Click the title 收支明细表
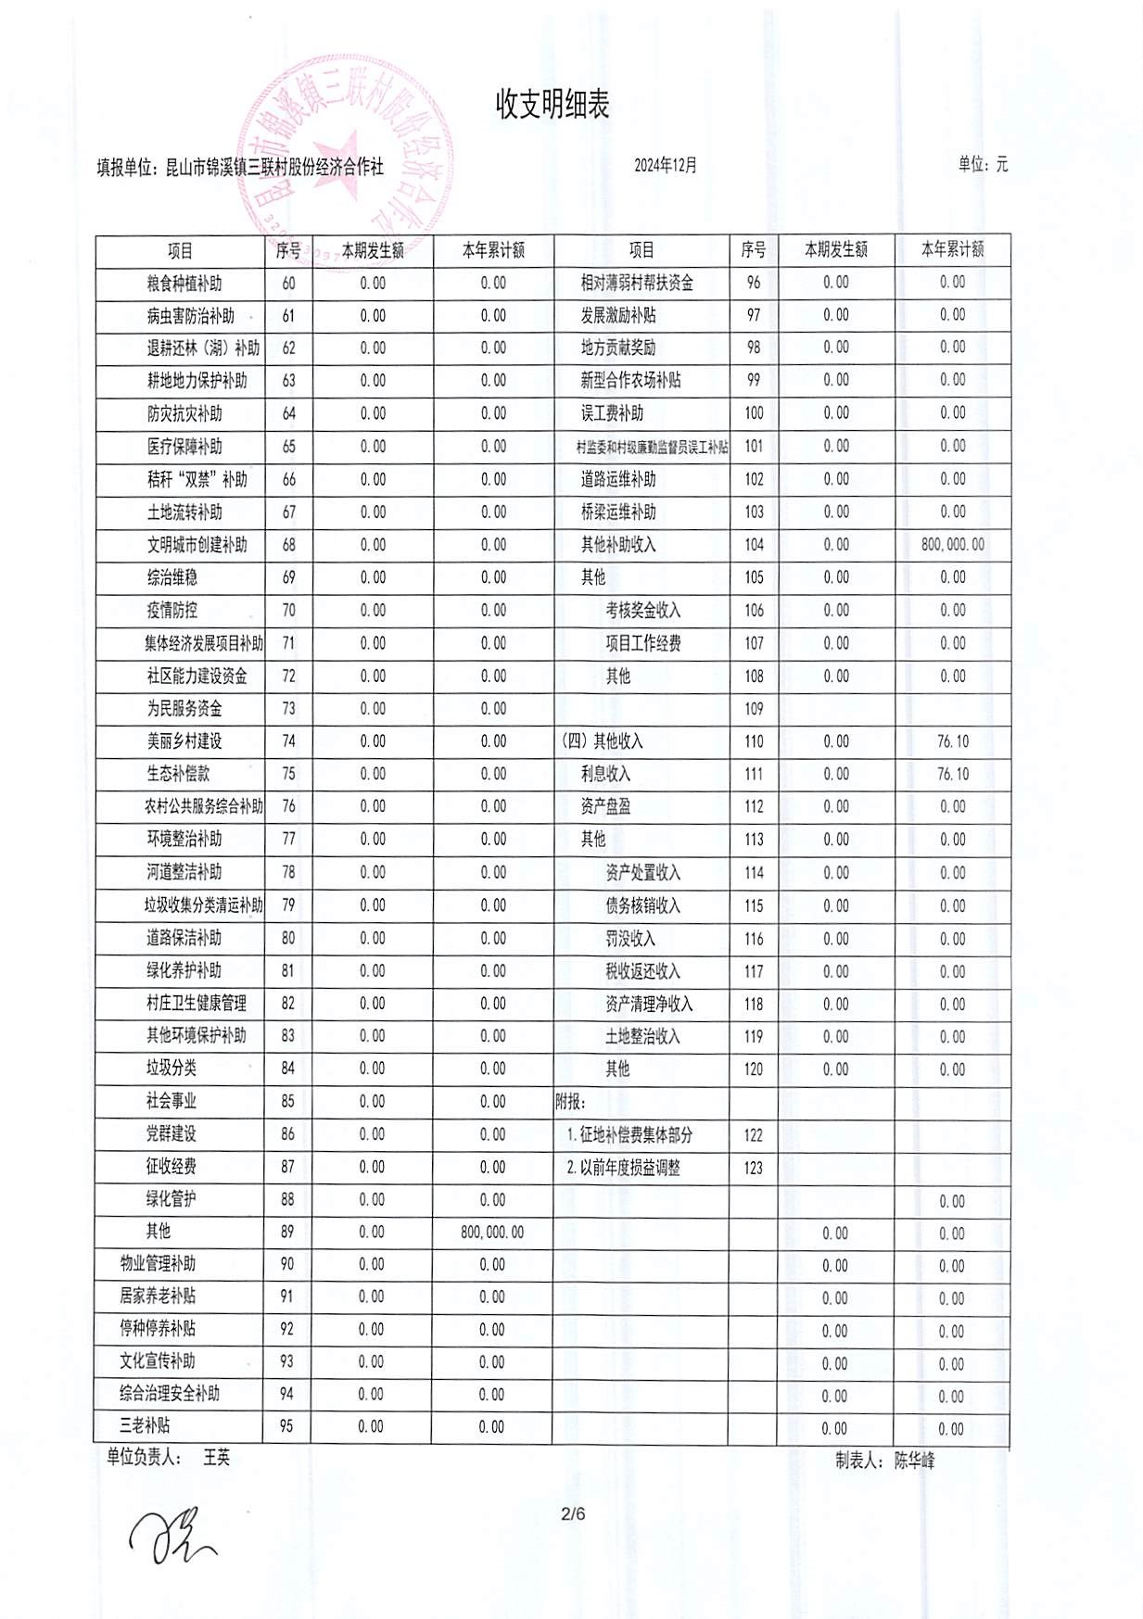(552, 105)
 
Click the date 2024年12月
(665, 166)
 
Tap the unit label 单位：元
(983, 165)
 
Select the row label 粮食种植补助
(184, 284)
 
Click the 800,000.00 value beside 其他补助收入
(952, 545)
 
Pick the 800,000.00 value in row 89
(492, 1233)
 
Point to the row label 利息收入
(605, 774)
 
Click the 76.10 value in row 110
(952, 741)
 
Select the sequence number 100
(754, 413)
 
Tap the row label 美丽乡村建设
(184, 741)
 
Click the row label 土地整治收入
(642, 1036)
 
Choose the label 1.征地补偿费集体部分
(629, 1134)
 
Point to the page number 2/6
(573, 1514)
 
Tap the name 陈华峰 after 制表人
(914, 1461)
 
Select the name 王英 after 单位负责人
(216, 1457)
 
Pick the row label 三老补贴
(145, 1425)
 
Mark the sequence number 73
(288, 709)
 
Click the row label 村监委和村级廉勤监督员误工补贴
(652, 448)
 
